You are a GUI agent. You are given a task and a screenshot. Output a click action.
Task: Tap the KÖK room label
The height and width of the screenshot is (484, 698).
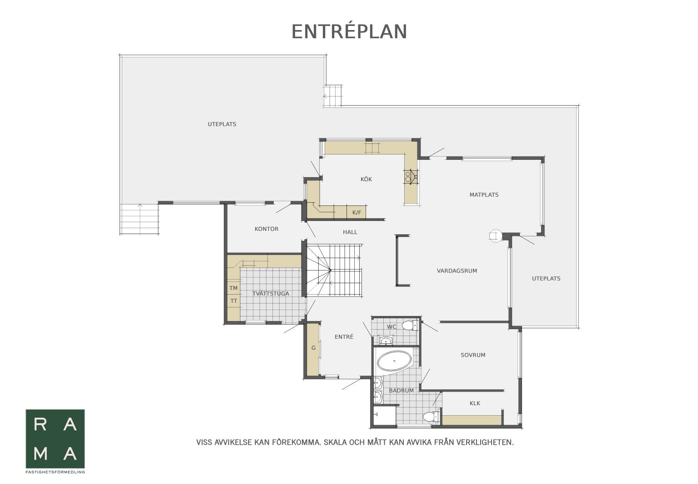366,179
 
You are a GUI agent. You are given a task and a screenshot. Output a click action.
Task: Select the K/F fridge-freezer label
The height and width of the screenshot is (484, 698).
357,213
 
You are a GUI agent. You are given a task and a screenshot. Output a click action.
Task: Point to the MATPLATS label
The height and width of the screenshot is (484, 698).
484,195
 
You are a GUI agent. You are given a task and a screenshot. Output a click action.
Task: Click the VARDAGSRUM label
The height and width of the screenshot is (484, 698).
457,271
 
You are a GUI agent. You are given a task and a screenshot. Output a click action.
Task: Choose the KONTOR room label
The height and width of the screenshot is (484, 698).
266,229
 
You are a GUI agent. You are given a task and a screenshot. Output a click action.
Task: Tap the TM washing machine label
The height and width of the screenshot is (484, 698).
233,288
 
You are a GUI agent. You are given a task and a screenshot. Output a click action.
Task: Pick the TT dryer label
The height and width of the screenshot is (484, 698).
234,301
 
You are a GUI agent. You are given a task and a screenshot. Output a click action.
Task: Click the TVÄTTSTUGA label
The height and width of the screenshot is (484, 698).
271,294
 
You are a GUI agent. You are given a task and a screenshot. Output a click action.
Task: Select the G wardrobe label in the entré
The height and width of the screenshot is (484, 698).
313,348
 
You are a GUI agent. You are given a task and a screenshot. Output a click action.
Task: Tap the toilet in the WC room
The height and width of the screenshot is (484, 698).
410,326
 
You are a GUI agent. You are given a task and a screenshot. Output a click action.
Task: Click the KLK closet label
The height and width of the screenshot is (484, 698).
475,403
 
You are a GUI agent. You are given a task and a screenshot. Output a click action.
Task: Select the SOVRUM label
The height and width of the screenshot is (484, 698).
473,355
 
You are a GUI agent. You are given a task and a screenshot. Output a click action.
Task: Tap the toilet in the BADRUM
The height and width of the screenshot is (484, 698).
431,416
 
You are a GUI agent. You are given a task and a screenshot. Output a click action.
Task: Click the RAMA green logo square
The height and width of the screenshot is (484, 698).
55,439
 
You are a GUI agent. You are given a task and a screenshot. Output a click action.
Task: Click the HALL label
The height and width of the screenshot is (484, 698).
350,232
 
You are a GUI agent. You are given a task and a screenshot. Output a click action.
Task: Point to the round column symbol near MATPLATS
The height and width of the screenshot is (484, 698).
495,235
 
